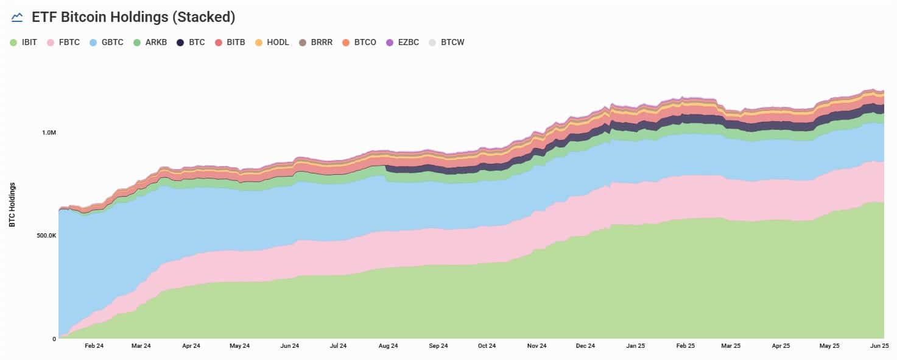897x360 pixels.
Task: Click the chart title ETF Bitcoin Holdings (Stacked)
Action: click(x=133, y=17)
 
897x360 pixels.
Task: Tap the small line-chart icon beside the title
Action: click(x=17, y=17)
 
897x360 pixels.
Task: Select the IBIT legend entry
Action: click(x=24, y=43)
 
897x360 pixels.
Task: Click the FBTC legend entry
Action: click(x=64, y=43)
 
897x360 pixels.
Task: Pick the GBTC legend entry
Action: click(x=107, y=43)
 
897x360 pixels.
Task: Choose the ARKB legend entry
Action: click(x=150, y=43)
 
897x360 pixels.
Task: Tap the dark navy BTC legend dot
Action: click(x=180, y=43)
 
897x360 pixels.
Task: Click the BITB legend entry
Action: click(x=230, y=43)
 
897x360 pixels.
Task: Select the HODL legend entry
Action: click(x=272, y=43)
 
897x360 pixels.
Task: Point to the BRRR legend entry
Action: click(x=316, y=43)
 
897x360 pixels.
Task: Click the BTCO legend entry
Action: click(x=359, y=43)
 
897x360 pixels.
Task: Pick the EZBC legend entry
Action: click(x=403, y=43)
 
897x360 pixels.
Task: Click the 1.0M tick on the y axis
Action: click(x=49, y=133)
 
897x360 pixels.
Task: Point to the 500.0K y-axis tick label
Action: click(x=46, y=236)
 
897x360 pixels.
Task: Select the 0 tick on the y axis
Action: click(x=54, y=339)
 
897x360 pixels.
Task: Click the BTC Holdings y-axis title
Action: click(x=12, y=205)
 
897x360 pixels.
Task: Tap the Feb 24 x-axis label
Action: click(x=94, y=345)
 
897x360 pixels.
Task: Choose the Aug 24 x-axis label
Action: click(x=388, y=345)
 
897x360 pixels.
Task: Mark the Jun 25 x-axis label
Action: click(x=879, y=345)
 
